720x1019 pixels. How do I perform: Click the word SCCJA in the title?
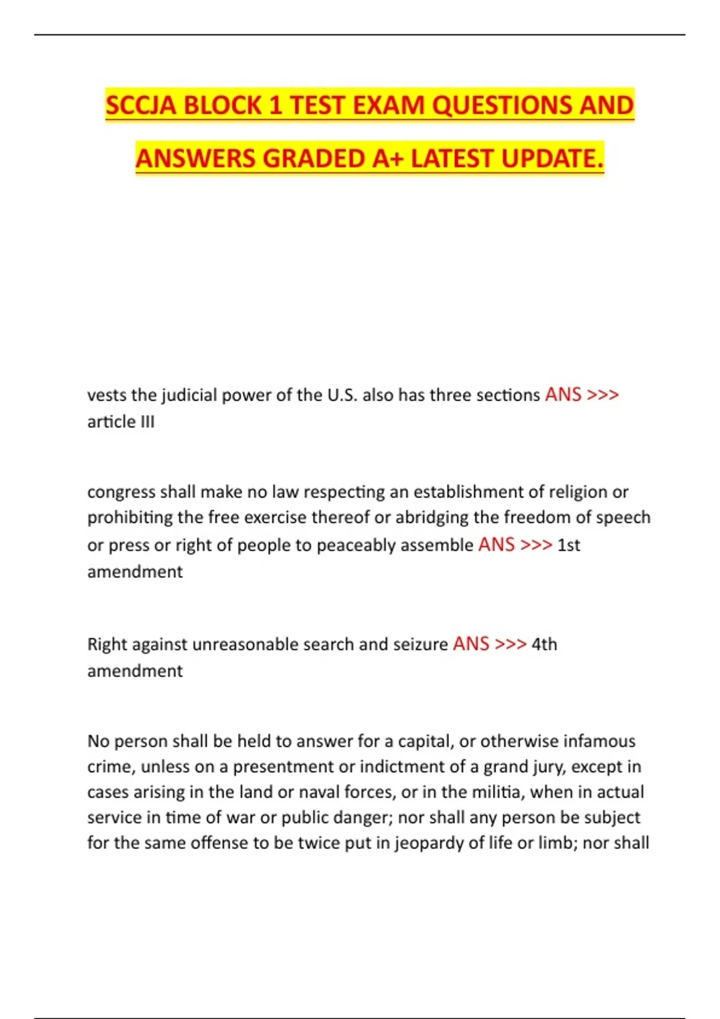click(142, 106)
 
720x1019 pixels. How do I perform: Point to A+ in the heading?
click(388, 159)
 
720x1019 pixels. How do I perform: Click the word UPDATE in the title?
click(552, 159)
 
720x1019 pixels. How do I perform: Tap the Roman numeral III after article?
click(148, 422)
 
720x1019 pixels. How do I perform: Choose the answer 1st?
click(569, 545)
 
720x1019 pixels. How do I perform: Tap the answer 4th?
click(544, 644)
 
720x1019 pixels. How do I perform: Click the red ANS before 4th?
click(471, 644)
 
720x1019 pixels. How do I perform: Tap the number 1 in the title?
click(275, 106)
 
